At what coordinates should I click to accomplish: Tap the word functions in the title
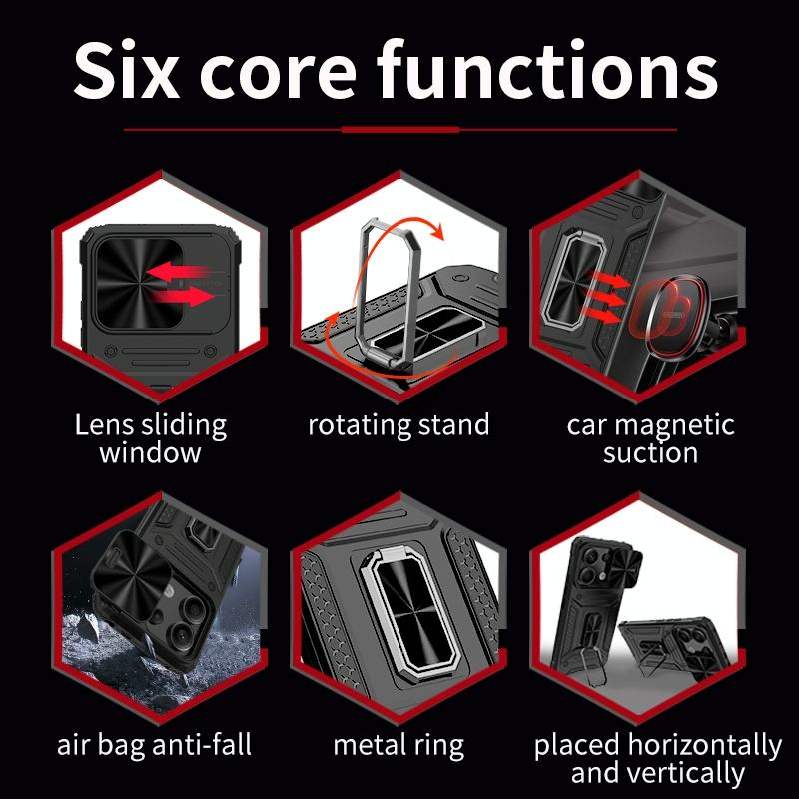[x=547, y=69]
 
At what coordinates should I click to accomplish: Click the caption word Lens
[x=105, y=425]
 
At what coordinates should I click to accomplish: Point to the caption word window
[x=151, y=453]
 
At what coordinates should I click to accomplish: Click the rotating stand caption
[x=399, y=425]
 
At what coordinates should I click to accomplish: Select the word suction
[x=650, y=453]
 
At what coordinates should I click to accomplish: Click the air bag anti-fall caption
[x=154, y=745]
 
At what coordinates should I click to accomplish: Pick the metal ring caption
[x=399, y=746]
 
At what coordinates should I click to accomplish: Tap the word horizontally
[x=705, y=746]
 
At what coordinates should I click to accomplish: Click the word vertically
[x=693, y=773]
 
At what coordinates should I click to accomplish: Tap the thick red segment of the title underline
[x=400, y=130]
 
